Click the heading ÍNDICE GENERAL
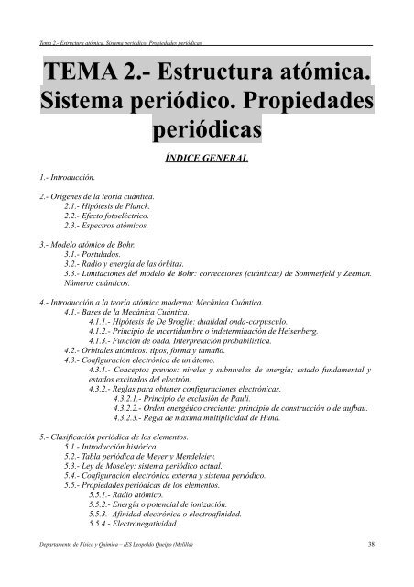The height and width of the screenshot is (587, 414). coord(207,157)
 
